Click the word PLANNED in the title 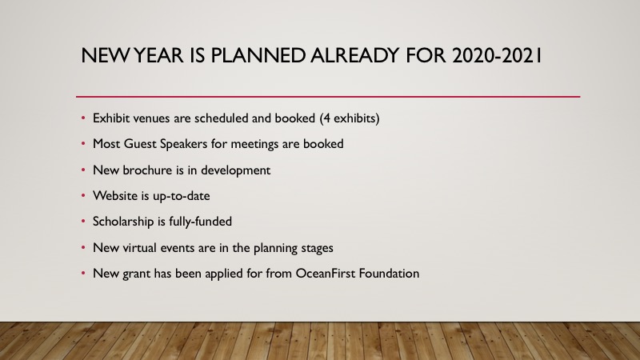[x=258, y=55]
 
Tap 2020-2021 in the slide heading [x=497, y=55]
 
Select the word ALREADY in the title [x=354, y=55]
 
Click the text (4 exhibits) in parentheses [x=350, y=118]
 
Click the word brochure [x=142, y=170]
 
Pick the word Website [x=115, y=195]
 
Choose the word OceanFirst [x=326, y=273]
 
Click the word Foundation [x=389, y=273]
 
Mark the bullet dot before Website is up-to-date [x=83, y=196]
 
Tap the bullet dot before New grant [x=83, y=274]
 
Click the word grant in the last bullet [x=136, y=274]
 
